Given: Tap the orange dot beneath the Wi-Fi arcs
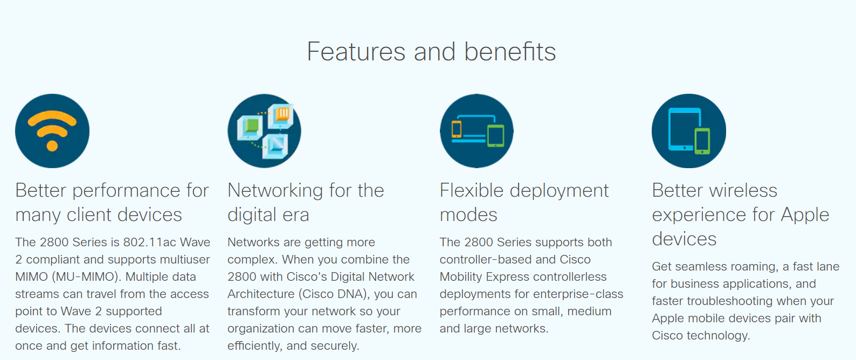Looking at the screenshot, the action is tap(52, 146).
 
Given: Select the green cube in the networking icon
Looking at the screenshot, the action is tap(251, 127).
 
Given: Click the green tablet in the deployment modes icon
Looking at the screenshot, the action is tap(495, 136).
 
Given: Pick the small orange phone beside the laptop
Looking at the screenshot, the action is tap(456, 129).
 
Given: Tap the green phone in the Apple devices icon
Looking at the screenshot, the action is tap(702, 141).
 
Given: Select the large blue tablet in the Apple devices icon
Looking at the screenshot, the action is tap(685, 129).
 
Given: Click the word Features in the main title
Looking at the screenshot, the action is tap(356, 52).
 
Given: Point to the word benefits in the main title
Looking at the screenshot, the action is tap(510, 52).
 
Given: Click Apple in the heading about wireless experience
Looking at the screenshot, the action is tap(805, 215).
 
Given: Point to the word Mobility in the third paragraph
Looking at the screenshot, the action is tap(461, 276).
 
